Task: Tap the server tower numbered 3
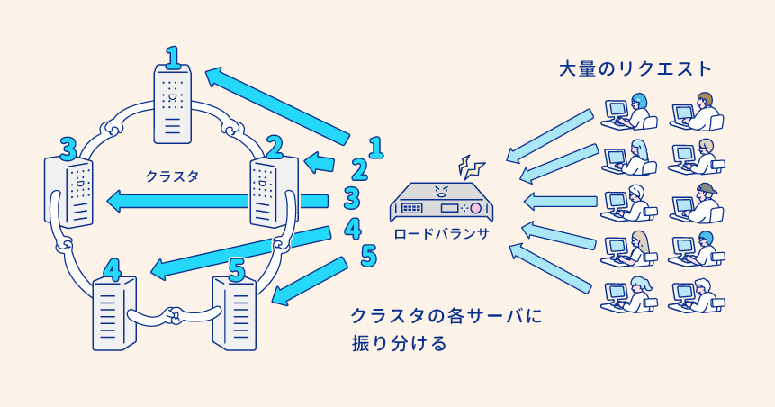(x=69, y=191)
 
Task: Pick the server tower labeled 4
(x=113, y=311)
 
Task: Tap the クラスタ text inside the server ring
(x=171, y=176)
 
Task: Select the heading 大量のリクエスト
(x=635, y=68)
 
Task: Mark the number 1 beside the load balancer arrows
(x=376, y=146)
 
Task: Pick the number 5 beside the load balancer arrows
(x=367, y=256)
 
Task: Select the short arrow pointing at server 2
(x=320, y=162)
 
